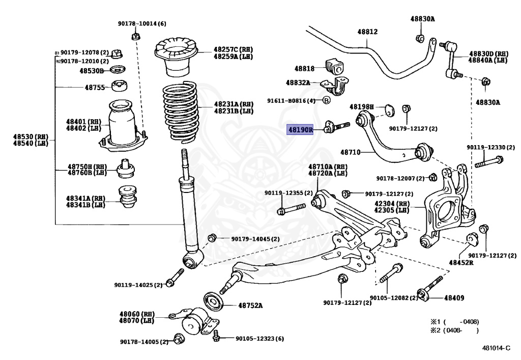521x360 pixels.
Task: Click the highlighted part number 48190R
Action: click(300, 130)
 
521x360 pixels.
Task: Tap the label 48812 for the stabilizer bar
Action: click(367, 32)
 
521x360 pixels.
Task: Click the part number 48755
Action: click(94, 87)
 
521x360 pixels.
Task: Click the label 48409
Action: click(454, 298)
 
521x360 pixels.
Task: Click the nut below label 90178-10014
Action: click(136, 36)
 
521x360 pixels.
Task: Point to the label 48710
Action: click(350, 152)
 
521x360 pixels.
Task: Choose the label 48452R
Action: click(461, 263)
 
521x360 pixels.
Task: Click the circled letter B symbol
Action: click(327, 101)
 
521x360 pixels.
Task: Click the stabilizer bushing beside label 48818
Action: click(334, 66)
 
